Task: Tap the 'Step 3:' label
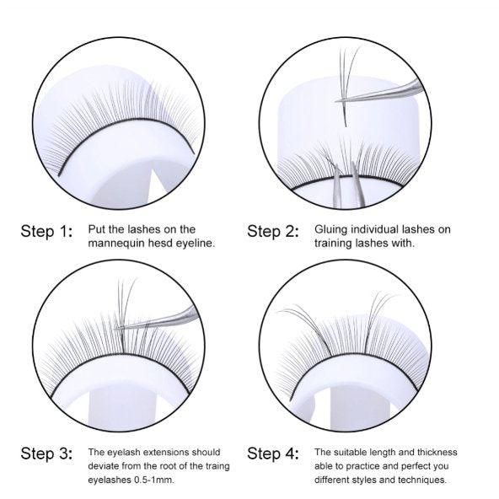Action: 46,454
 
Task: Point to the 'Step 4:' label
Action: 273,454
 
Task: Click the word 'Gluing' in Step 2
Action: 331,228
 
